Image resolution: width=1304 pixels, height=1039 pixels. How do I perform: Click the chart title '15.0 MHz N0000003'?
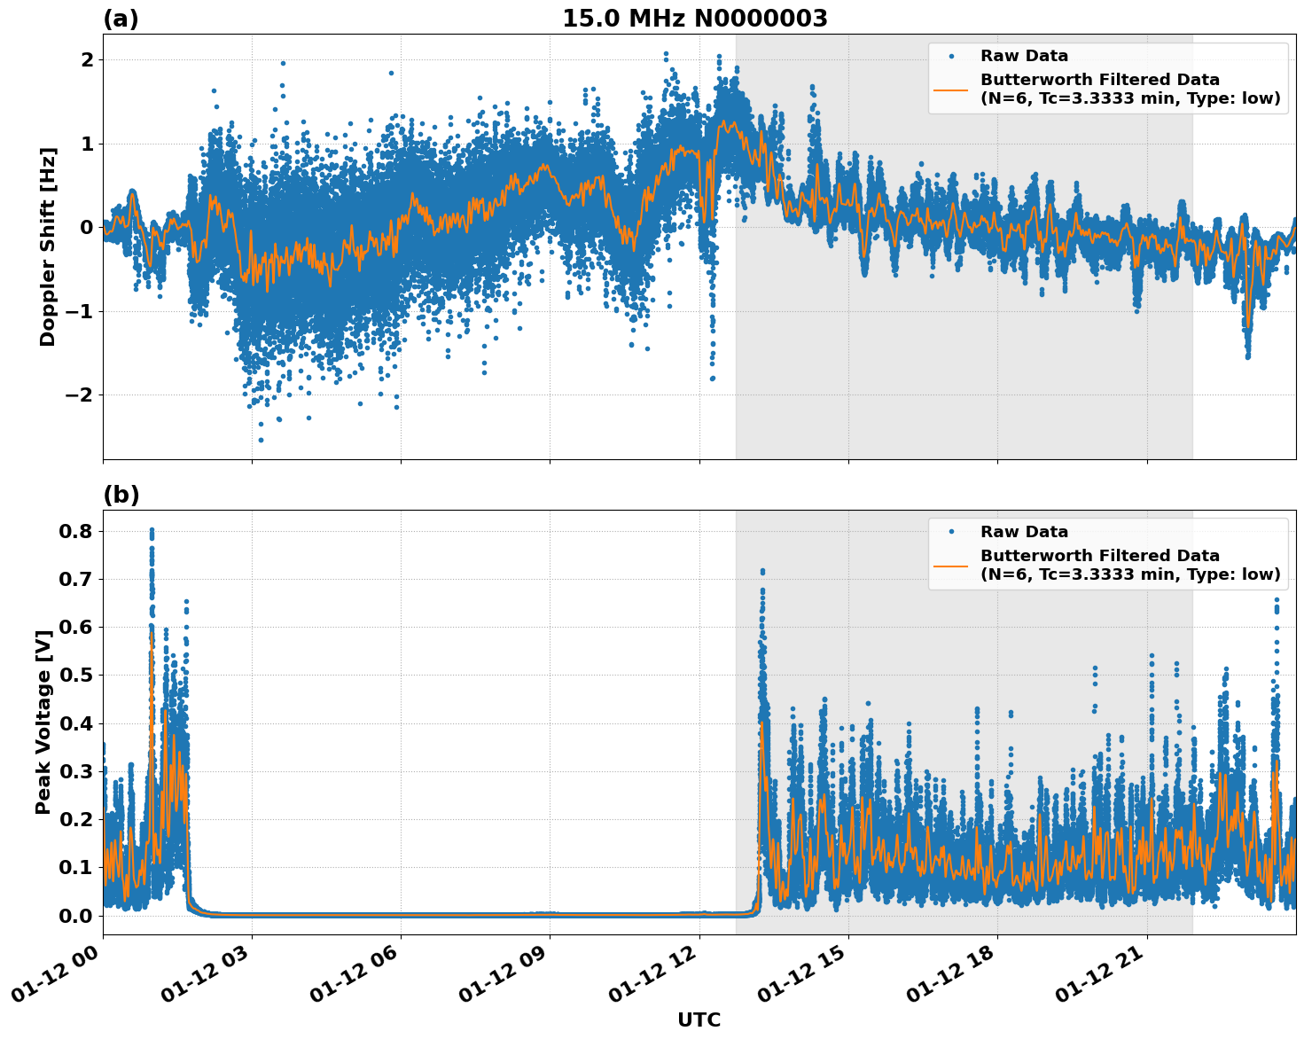[694, 19]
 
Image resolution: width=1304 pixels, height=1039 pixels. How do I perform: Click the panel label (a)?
[121, 19]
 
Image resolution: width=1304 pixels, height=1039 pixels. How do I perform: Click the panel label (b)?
[121, 495]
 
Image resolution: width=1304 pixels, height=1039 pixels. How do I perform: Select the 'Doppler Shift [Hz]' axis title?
[48, 246]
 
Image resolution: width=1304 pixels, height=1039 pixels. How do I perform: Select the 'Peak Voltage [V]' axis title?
[43, 716]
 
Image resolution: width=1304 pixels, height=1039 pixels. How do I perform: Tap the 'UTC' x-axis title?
[699, 1019]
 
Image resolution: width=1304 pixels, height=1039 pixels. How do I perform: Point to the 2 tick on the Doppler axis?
[87, 59]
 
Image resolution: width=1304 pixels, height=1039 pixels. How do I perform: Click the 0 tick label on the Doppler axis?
[87, 227]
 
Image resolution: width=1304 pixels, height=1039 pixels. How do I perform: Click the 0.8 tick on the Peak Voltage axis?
[77, 531]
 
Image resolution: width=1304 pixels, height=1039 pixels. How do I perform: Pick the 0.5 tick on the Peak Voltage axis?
[77, 675]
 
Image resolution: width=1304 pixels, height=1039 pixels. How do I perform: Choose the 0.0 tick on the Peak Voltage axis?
[77, 915]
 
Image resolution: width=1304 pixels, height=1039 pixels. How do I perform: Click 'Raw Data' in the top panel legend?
[1024, 56]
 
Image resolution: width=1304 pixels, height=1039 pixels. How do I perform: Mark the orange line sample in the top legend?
[951, 89]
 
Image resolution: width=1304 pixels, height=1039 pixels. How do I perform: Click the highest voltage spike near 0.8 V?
[152, 530]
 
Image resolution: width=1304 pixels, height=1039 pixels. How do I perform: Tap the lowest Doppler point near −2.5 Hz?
[261, 440]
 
